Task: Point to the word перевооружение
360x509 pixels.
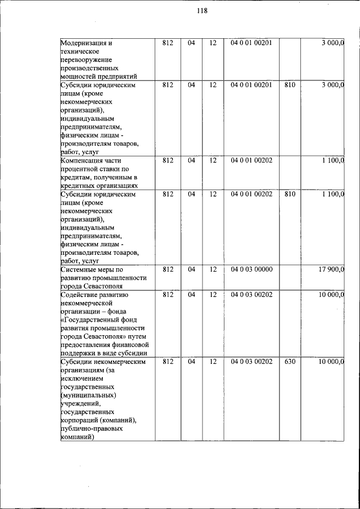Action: coord(86,60)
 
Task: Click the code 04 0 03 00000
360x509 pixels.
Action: coord(251,269)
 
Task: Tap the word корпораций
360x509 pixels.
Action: coord(81,420)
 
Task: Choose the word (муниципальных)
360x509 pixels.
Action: coord(88,395)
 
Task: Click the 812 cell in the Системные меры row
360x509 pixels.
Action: coord(168,269)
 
